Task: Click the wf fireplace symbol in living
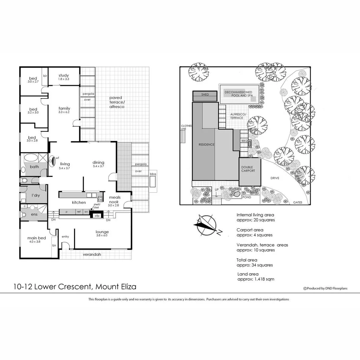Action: pyautogui.click(x=53, y=161)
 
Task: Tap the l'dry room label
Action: pyautogui.click(x=36, y=195)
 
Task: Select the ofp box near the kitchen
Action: pyautogui.click(x=97, y=215)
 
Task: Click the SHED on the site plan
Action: pyautogui.click(x=205, y=95)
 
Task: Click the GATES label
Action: pyautogui.click(x=298, y=202)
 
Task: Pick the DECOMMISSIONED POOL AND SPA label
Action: pyautogui.click(x=238, y=94)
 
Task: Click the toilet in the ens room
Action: pyautogui.click(x=22, y=215)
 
